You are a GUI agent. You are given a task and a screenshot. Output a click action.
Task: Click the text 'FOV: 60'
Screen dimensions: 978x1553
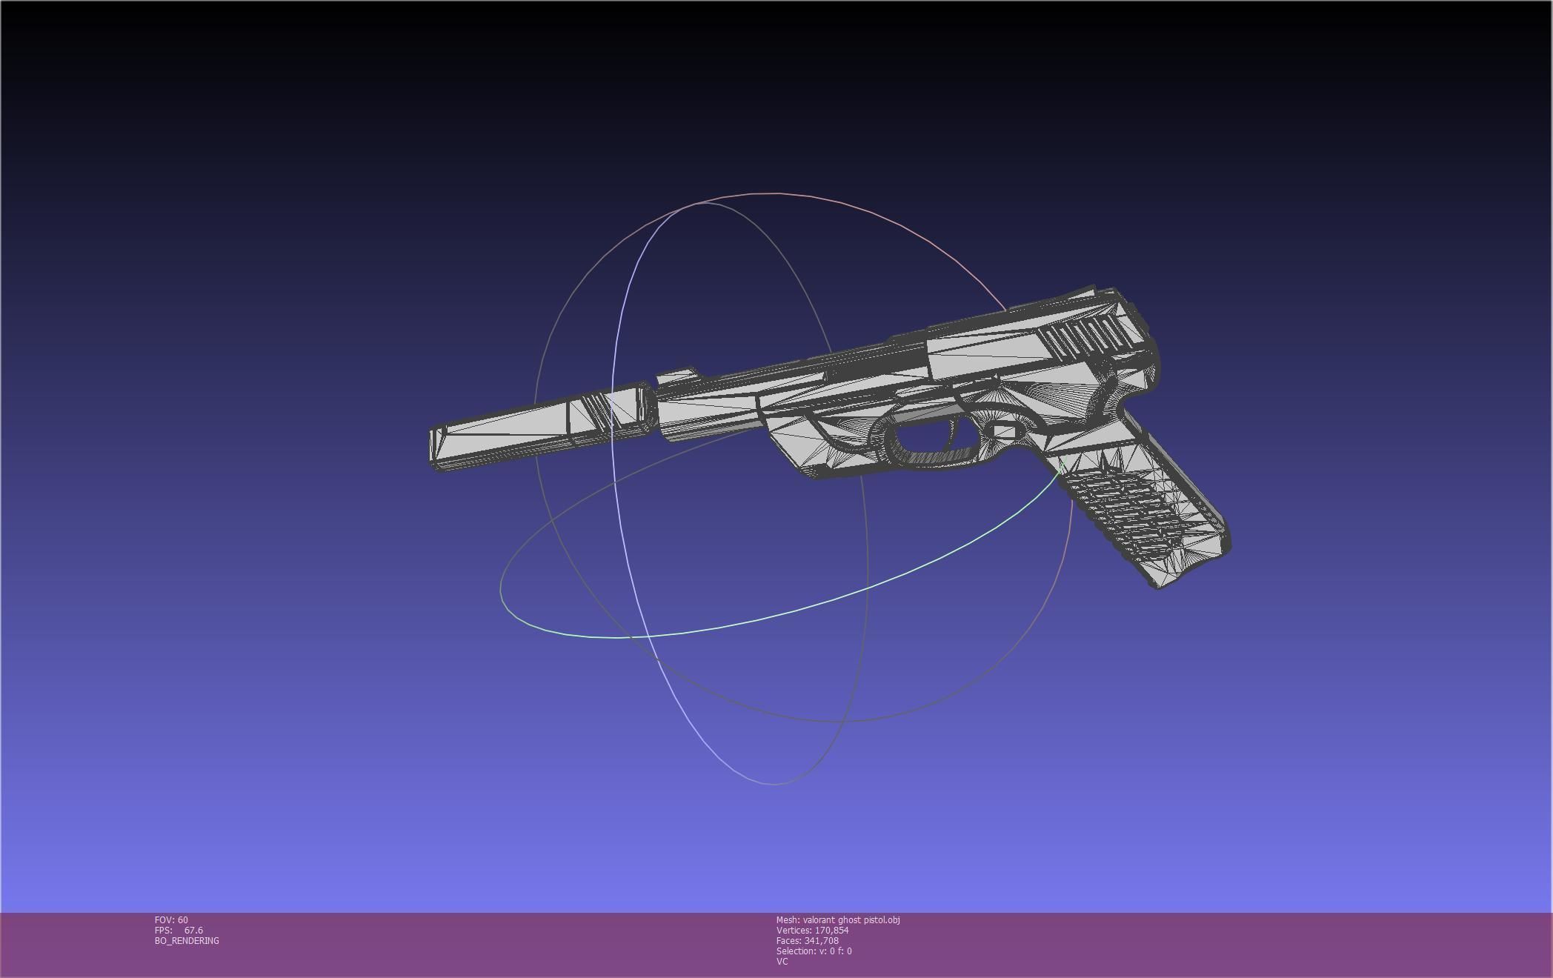pos(171,919)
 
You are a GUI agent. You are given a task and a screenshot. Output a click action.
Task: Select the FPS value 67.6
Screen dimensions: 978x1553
pos(193,930)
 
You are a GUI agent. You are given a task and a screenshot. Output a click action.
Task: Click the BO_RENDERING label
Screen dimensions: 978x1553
pos(187,940)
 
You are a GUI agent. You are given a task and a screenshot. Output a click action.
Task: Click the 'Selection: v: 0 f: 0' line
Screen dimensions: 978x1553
pos(814,951)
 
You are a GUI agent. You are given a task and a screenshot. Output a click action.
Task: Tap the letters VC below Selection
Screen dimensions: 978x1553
pos(782,961)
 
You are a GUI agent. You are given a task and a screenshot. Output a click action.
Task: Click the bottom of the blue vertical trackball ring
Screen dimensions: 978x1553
pos(774,783)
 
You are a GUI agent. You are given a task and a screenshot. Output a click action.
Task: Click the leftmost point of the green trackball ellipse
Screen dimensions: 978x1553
pos(502,589)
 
